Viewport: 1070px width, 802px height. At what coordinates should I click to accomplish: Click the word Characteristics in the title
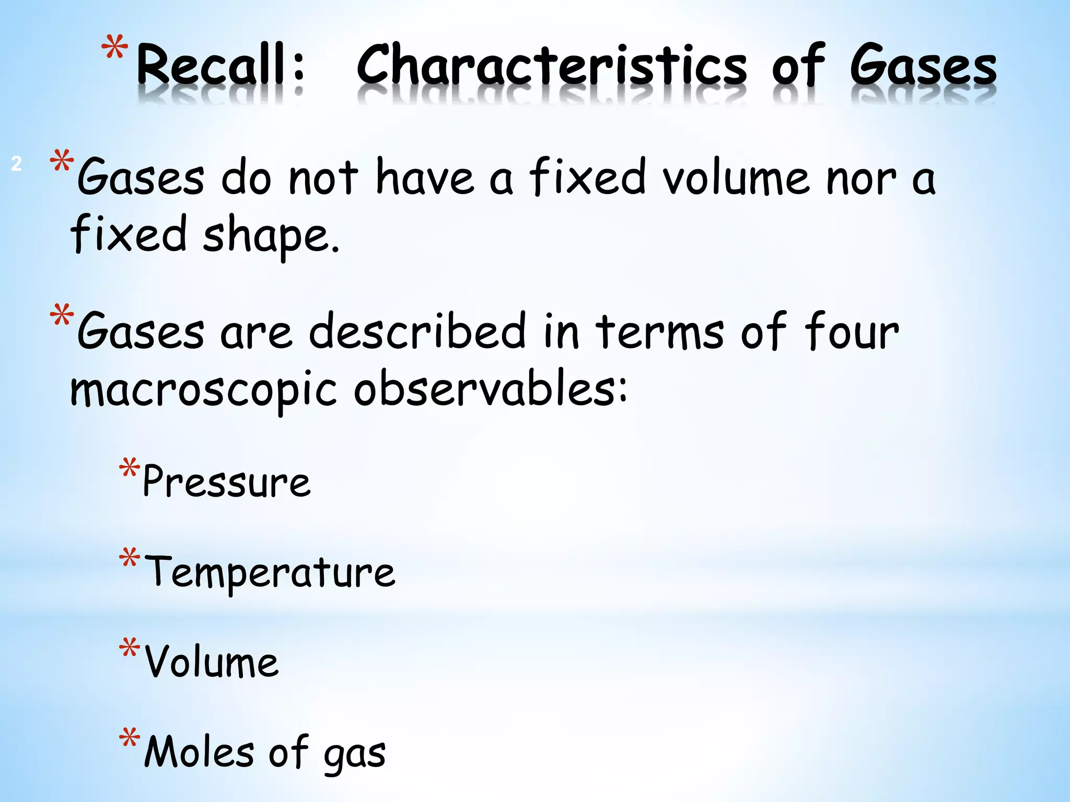(x=552, y=65)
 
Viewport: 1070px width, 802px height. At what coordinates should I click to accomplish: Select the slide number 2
(x=16, y=164)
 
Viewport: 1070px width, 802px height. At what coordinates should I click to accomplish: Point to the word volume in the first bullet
(x=736, y=178)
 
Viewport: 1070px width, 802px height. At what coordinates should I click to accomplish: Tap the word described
(x=417, y=331)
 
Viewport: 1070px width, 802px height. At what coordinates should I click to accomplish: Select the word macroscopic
(x=204, y=390)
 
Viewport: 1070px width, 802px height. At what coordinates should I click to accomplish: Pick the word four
(x=851, y=331)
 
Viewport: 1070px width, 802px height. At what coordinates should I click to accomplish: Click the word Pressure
(x=226, y=481)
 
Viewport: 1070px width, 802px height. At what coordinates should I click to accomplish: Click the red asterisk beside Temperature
(x=129, y=559)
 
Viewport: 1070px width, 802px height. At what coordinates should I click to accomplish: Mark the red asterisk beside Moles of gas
(x=129, y=739)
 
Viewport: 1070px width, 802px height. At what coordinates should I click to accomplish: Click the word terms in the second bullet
(x=659, y=331)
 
